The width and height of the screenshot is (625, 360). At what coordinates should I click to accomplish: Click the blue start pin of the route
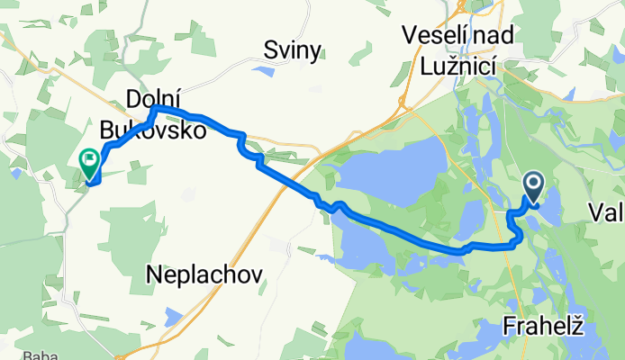pos(532,186)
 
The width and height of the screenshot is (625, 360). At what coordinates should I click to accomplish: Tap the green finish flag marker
pos(90,162)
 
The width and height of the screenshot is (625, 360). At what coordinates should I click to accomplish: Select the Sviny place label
pos(292,51)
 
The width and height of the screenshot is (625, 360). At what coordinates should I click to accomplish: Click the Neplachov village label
pos(205,276)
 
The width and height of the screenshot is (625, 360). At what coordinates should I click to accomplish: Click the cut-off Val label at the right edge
pos(607,212)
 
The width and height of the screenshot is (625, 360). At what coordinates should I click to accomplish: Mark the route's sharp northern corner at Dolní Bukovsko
pos(155,108)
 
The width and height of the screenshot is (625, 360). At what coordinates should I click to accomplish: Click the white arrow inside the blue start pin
pos(532,186)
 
